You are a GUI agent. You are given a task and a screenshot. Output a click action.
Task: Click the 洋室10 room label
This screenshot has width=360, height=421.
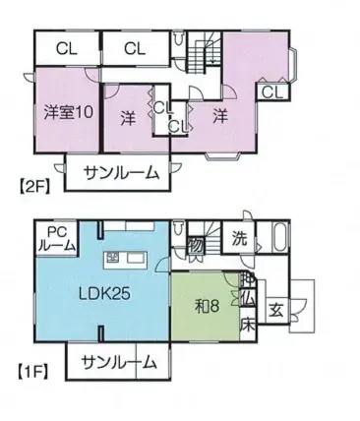(x=68, y=111)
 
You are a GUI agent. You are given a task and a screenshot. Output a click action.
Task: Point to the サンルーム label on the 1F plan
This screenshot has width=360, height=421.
(x=120, y=362)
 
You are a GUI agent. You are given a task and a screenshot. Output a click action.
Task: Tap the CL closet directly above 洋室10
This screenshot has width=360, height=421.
(x=68, y=47)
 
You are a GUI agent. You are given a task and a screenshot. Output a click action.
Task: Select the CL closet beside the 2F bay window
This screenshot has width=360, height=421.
(x=273, y=93)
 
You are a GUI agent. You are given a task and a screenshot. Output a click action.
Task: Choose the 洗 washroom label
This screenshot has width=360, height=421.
(x=239, y=238)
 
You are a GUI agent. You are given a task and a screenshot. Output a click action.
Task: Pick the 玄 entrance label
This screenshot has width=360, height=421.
(x=278, y=308)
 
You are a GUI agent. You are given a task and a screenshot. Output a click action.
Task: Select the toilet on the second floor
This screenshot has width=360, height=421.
(x=178, y=43)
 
